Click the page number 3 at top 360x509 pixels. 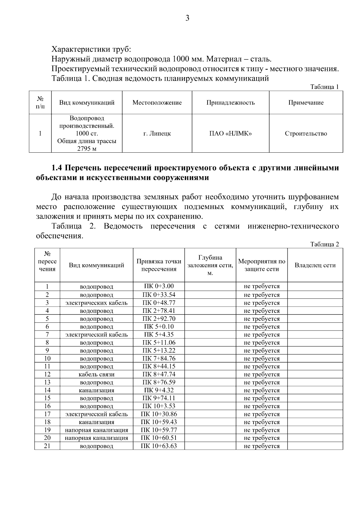[x=187, y=18]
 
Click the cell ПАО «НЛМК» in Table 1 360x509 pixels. [x=230, y=133]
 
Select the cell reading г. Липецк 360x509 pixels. [x=157, y=133]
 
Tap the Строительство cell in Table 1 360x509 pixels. [x=306, y=133]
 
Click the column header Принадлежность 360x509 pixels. [x=230, y=103]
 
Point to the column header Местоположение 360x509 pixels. [x=157, y=103]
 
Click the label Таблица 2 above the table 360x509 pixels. [x=325, y=244]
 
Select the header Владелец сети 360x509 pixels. [x=315, y=265]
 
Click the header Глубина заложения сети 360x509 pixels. [x=210, y=265]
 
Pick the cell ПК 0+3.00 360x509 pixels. [x=159, y=286]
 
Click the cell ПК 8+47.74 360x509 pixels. [x=159, y=374]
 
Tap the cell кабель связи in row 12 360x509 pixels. [x=96, y=374]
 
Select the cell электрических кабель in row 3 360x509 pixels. [x=96, y=303]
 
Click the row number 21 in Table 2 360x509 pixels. [x=47, y=446]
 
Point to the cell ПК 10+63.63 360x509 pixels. [x=159, y=446]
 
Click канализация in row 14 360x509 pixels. [x=96, y=390]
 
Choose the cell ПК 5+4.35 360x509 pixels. [x=159, y=334]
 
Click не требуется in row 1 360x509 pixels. [x=262, y=286]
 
